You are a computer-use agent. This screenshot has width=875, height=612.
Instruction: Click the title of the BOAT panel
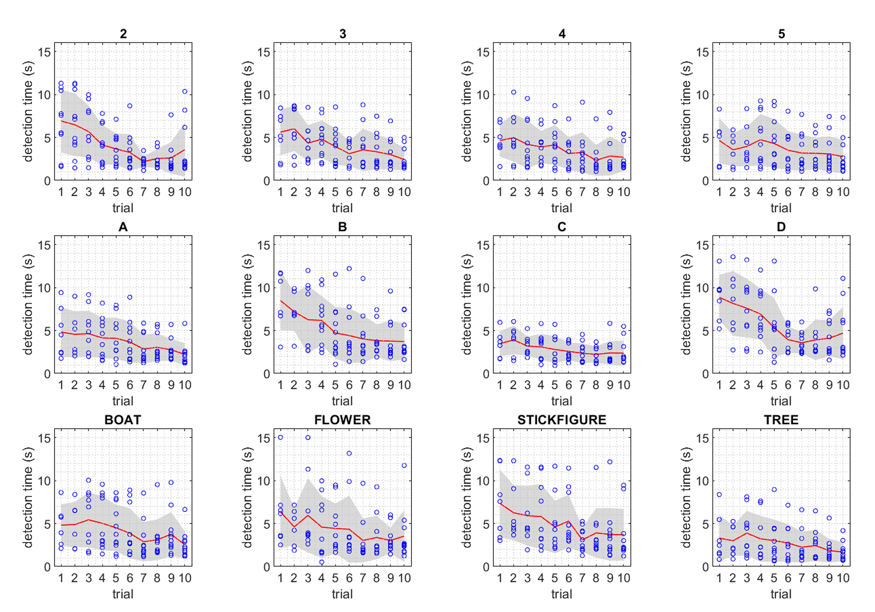coord(123,420)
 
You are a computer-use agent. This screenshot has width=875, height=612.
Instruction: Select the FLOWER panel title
coord(342,420)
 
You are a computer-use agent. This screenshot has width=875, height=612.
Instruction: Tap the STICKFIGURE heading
coord(561,420)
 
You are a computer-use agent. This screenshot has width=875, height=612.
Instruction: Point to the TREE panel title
coord(781,420)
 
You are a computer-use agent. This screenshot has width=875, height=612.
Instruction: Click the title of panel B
coord(342,227)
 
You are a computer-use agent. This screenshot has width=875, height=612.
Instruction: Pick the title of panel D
coord(781,227)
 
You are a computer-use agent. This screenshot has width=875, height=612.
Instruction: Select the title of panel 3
coord(342,34)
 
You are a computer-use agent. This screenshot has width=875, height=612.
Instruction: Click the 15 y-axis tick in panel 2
coord(45,52)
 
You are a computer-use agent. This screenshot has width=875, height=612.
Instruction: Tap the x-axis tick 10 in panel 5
coord(843,192)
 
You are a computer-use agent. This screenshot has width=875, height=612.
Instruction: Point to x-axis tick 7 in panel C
coord(582,385)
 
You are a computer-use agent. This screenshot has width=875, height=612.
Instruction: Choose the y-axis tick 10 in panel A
coord(45,288)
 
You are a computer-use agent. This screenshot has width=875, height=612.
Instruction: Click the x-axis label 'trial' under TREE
coord(781,594)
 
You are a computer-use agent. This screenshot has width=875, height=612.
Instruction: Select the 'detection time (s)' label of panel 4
coord(466,112)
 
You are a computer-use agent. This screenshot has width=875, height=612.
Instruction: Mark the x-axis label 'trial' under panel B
coord(342,401)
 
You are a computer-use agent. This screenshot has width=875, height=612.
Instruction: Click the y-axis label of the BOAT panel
coord(28,498)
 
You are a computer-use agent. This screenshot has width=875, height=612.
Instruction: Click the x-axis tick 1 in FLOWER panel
coord(280,578)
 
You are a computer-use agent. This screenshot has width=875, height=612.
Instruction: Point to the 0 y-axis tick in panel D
coord(705,374)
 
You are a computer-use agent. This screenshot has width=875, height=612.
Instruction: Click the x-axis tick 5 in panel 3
coord(335,192)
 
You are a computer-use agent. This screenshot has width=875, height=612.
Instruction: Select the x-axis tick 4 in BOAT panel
coord(102,578)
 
